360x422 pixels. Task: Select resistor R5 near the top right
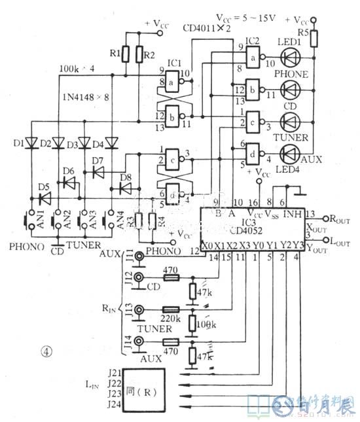tap(314, 39)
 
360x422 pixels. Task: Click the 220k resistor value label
tap(171, 302)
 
